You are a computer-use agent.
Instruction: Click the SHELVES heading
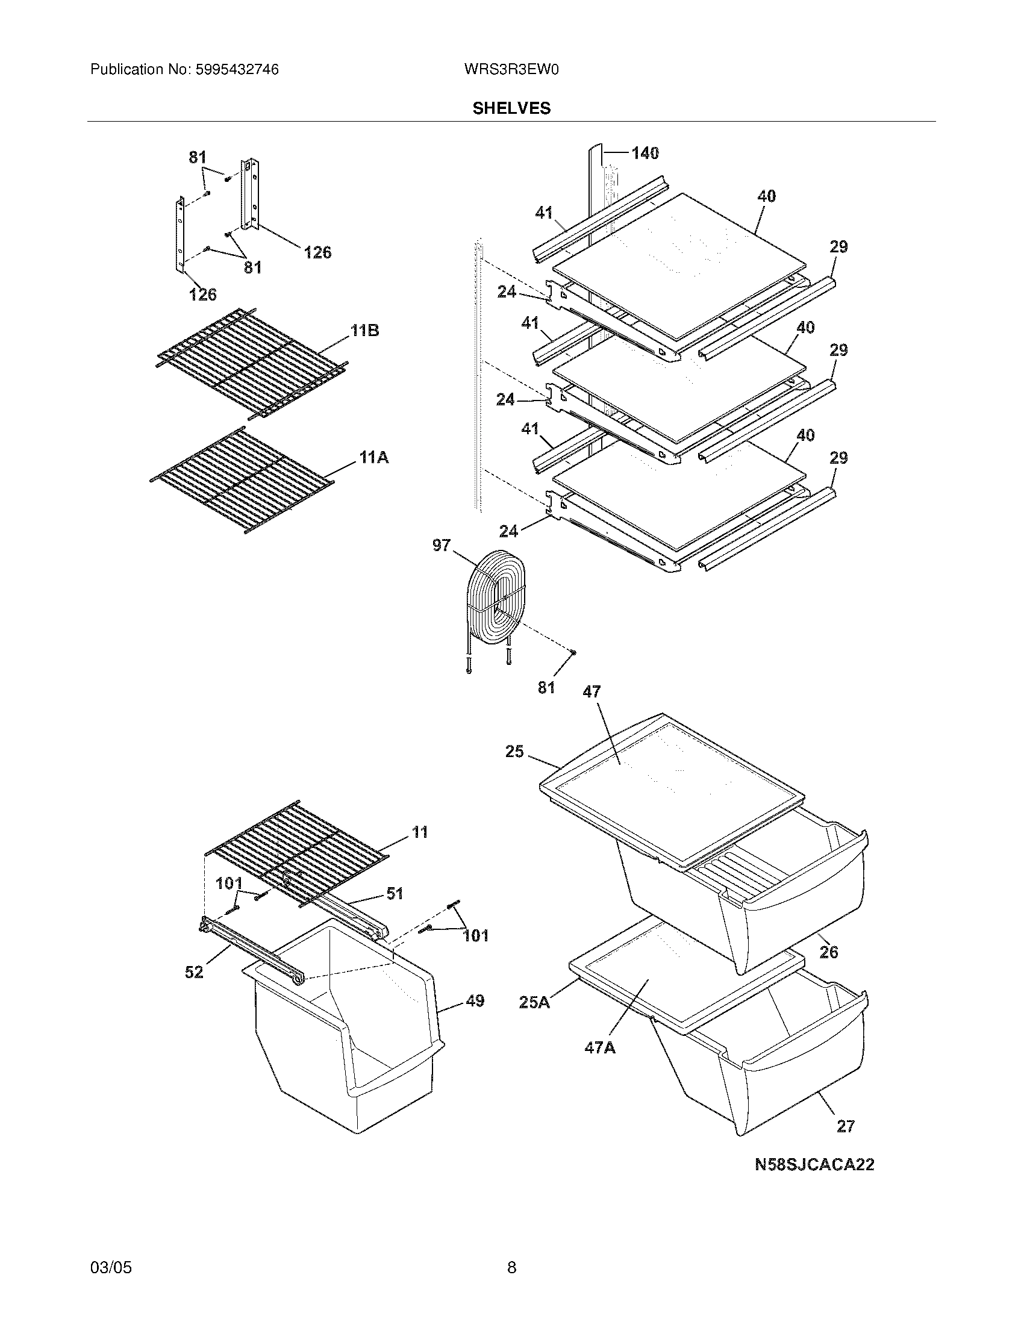511,108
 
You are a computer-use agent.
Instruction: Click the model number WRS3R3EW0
511,70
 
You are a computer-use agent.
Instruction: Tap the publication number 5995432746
236,70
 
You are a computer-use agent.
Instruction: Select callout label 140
645,153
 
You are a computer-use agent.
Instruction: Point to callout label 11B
364,331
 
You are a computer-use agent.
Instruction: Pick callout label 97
442,546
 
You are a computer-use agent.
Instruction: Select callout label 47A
600,1047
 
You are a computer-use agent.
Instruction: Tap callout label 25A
534,1002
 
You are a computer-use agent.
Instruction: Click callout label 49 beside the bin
475,1000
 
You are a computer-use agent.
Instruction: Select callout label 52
194,972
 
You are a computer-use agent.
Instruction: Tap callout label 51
395,893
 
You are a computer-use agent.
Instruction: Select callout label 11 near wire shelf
420,832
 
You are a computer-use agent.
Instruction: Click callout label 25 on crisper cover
514,752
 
